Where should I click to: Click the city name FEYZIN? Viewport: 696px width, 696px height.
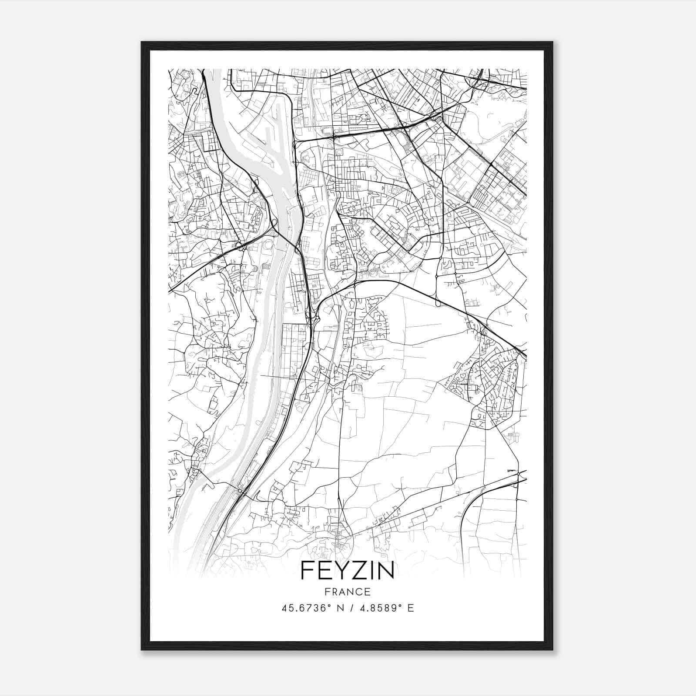[x=347, y=570]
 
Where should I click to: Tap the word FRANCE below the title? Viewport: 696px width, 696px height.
[x=347, y=592]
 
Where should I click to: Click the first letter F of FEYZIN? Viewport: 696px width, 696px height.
[x=306, y=570]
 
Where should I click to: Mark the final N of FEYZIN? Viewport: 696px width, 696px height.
[x=384, y=570]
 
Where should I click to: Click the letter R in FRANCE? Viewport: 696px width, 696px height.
[x=334, y=592]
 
